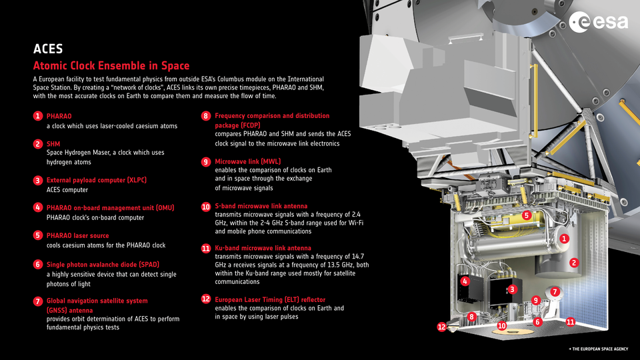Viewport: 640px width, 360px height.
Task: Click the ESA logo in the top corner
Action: (599, 23)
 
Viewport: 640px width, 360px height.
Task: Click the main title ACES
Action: (48, 49)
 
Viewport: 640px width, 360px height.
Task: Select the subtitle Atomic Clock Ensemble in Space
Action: (111, 66)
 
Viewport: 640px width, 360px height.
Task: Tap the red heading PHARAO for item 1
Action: (59, 116)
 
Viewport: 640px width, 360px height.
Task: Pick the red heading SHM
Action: (53, 143)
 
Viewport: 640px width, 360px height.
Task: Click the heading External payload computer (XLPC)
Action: (96, 180)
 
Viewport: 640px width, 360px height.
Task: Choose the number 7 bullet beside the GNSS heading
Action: (39, 301)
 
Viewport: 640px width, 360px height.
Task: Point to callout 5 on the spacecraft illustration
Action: (526, 215)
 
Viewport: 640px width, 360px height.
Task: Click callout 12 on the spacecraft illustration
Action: (441, 327)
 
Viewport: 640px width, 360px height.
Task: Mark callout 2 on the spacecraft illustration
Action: (574, 263)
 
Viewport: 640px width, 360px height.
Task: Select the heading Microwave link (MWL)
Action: (247, 161)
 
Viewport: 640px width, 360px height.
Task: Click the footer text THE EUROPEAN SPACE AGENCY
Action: (598, 349)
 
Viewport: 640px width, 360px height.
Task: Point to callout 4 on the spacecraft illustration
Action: (465, 281)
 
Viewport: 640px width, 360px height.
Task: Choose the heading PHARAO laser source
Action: (77, 235)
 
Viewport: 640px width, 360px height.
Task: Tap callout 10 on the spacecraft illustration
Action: (502, 326)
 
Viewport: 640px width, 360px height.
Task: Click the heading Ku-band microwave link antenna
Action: (262, 248)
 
